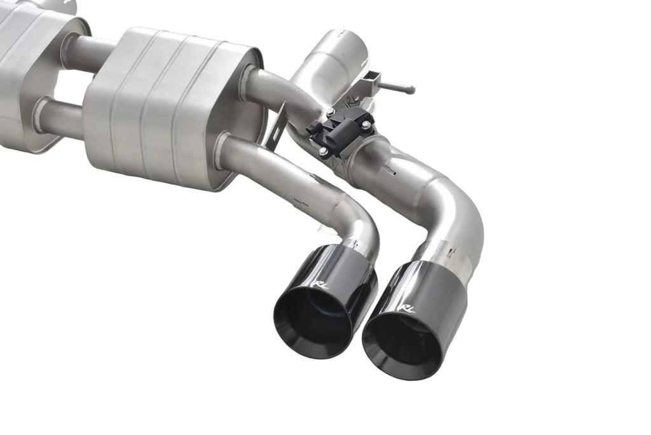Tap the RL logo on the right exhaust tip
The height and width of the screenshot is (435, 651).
pyautogui.click(x=407, y=308)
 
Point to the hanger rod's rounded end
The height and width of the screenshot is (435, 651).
pyautogui.click(x=409, y=90)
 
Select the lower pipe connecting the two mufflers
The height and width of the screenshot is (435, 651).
pyautogui.click(x=60, y=118)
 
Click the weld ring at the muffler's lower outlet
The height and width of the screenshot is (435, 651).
pyautogui.click(x=222, y=150)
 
